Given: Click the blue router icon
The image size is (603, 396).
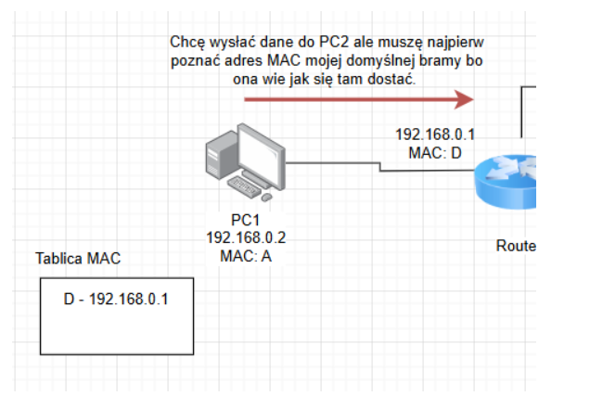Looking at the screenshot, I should click(x=506, y=182).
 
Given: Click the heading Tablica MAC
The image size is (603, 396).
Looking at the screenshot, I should click(x=78, y=258).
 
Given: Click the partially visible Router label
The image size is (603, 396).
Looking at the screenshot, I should click(x=516, y=246).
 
